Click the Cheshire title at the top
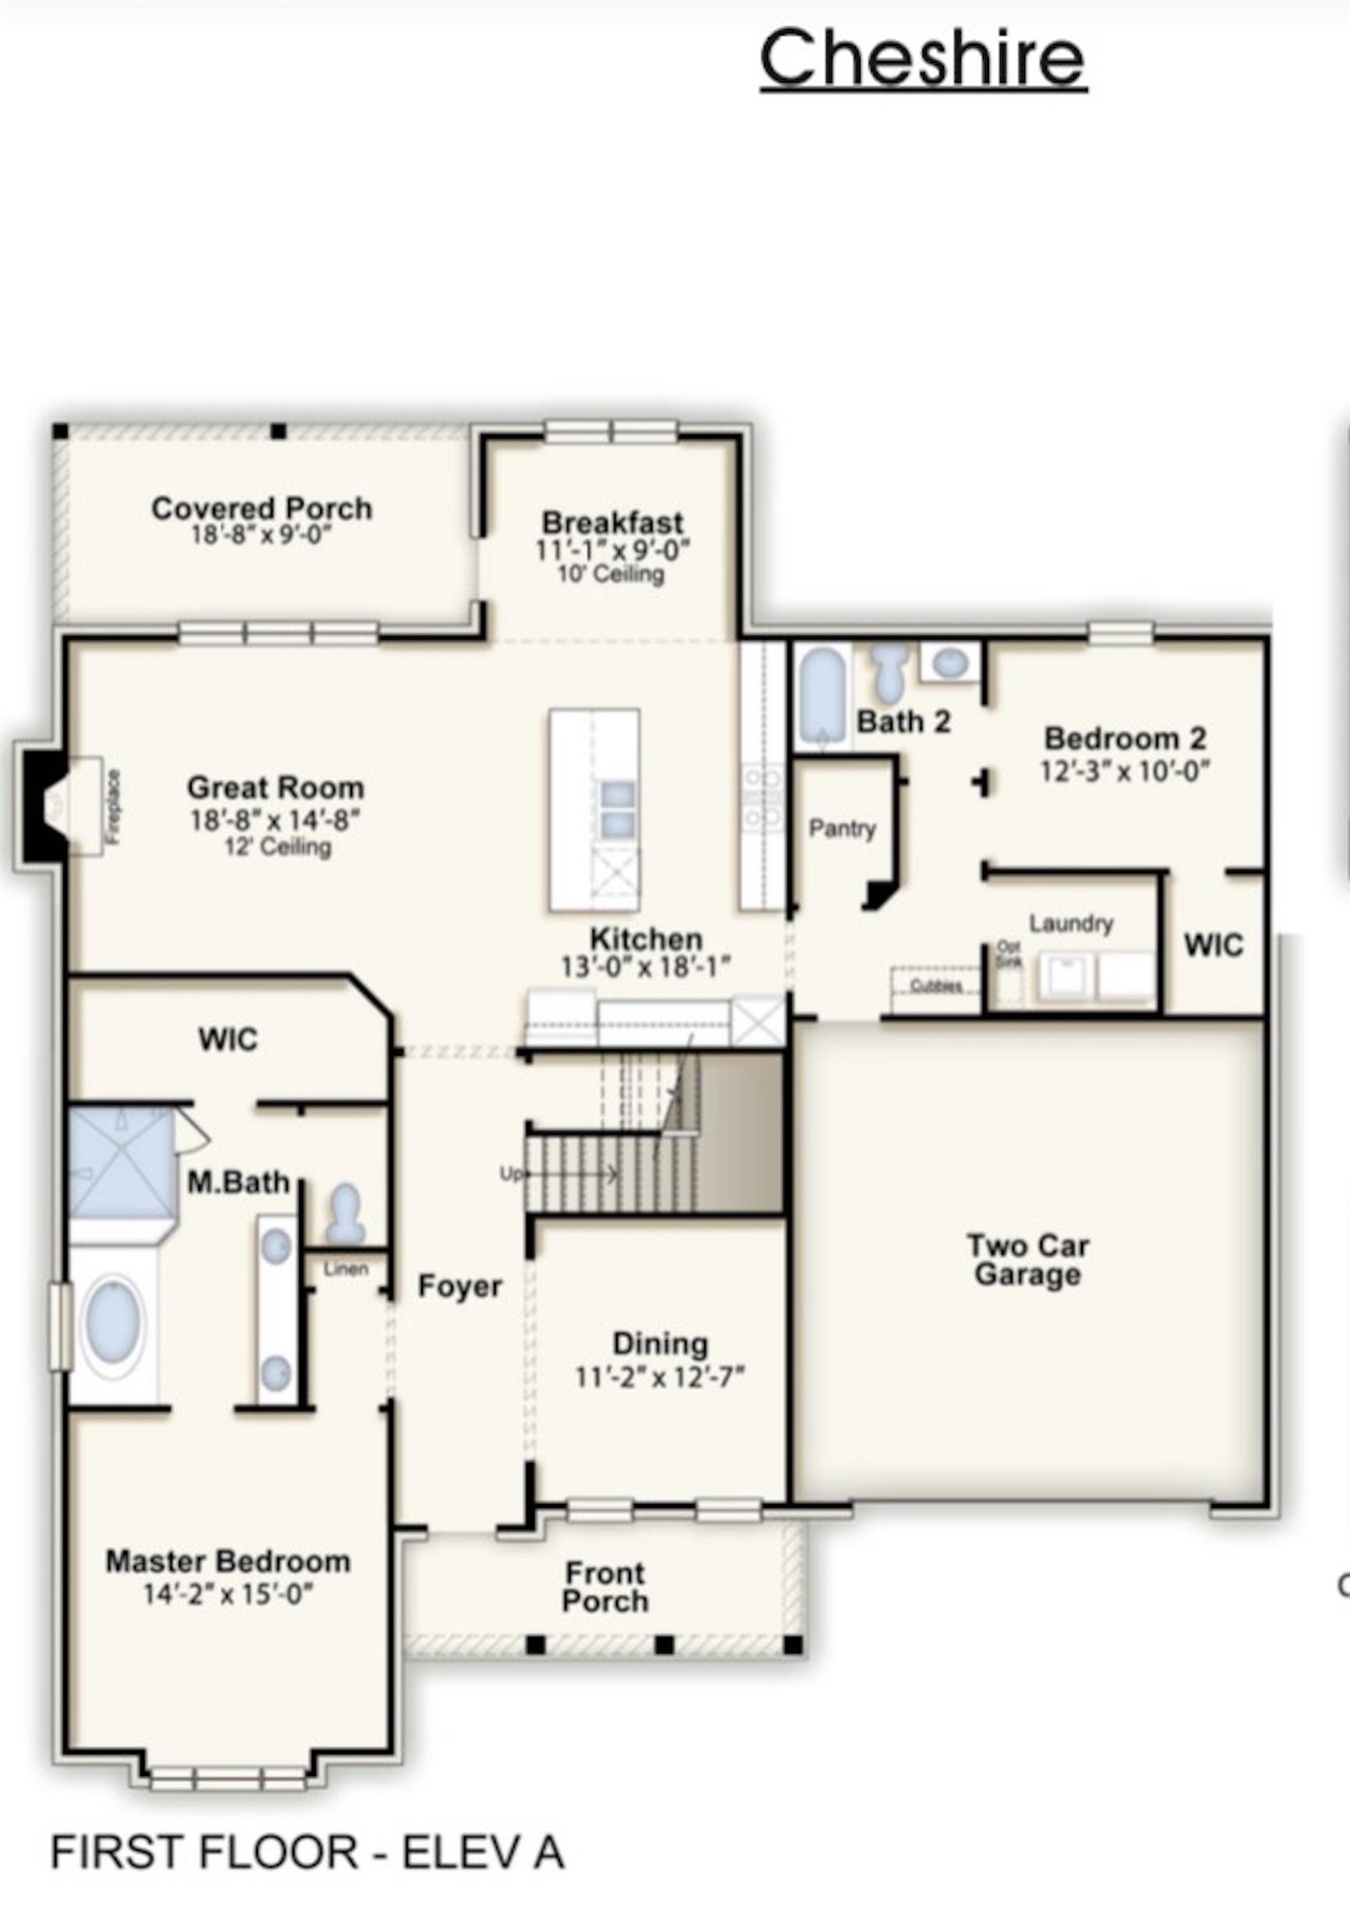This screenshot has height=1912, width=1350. pyautogui.click(x=923, y=58)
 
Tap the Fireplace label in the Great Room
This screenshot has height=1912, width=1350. pyautogui.click(x=114, y=807)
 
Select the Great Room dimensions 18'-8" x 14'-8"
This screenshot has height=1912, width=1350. pyautogui.click(x=275, y=821)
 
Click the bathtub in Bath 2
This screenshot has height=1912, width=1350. pyautogui.click(x=821, y=697)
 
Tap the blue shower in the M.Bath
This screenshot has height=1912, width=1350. pyautogui.click(x=121, y=1161)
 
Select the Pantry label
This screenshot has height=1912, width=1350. pyautogui.click(x=842, y=828)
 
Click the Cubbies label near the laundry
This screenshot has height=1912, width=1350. pyautogui.click(x=936, y=986)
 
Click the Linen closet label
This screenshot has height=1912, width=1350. pyautogui.click(x=346, y=1269)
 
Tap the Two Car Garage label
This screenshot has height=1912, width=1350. pyautogui.click(x=1028, y=1260)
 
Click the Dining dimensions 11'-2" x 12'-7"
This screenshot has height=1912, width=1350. pyautogui.click(x=660, y=1378)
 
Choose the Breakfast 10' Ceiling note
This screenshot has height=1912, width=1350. pyautogui.click(x=611, y=573)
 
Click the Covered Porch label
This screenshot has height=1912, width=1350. pyautogui.click(x=261, y=508)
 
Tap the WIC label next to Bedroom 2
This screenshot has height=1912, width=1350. pyautogui.click(x=1213, y=945)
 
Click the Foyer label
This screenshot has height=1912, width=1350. pyautogui.click(x=460, y=1286)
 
